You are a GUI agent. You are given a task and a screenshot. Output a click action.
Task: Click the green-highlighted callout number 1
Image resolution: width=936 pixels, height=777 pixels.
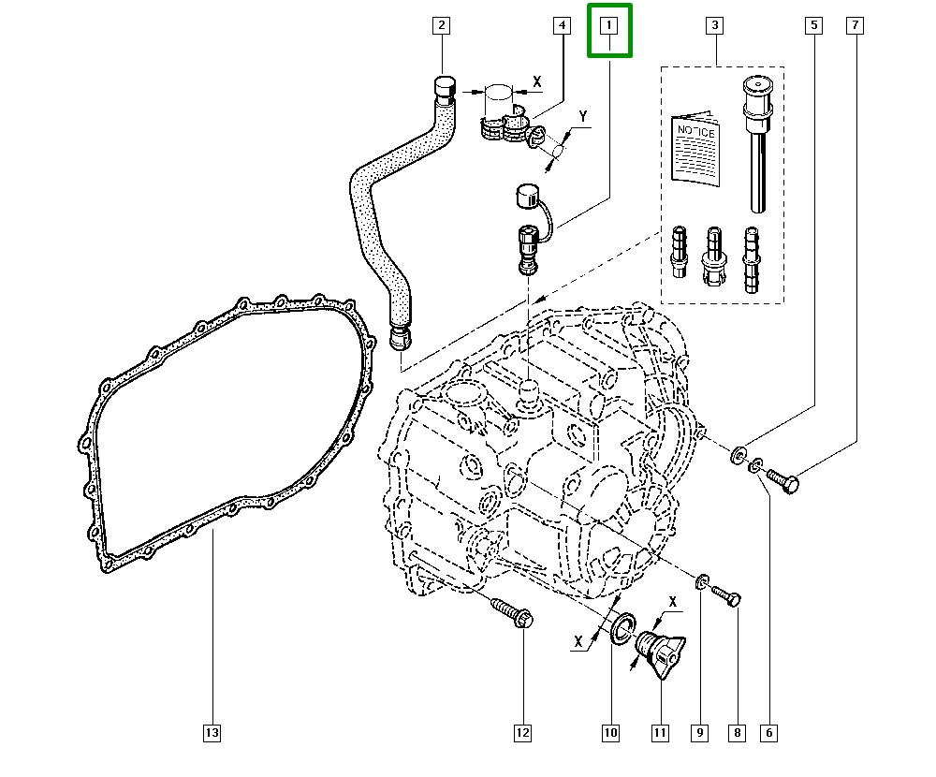pos(609,25)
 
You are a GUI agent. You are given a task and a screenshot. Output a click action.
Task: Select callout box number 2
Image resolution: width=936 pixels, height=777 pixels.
pos(441,25)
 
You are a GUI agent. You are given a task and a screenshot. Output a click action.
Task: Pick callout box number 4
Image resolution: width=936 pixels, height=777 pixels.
pos(561,25)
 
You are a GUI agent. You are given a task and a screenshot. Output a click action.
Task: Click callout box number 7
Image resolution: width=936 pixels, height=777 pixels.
pos(856,25)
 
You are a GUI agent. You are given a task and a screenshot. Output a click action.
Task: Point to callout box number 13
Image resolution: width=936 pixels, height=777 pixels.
pos(212,733)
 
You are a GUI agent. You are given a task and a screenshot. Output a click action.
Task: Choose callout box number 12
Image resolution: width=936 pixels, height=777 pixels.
pos(521,733)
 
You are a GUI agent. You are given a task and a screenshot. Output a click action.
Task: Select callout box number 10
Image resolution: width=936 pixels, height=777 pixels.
pos(610,733)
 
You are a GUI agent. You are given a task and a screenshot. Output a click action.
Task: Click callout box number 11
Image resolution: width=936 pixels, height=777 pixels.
pos(661,733)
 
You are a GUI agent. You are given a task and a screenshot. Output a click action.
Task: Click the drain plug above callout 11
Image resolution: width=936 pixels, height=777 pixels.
pos(660,652)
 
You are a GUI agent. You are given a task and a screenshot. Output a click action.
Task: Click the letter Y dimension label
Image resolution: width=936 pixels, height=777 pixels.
pos(583,116)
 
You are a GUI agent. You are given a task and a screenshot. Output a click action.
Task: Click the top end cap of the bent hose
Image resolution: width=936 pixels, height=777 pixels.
pos(444,88)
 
